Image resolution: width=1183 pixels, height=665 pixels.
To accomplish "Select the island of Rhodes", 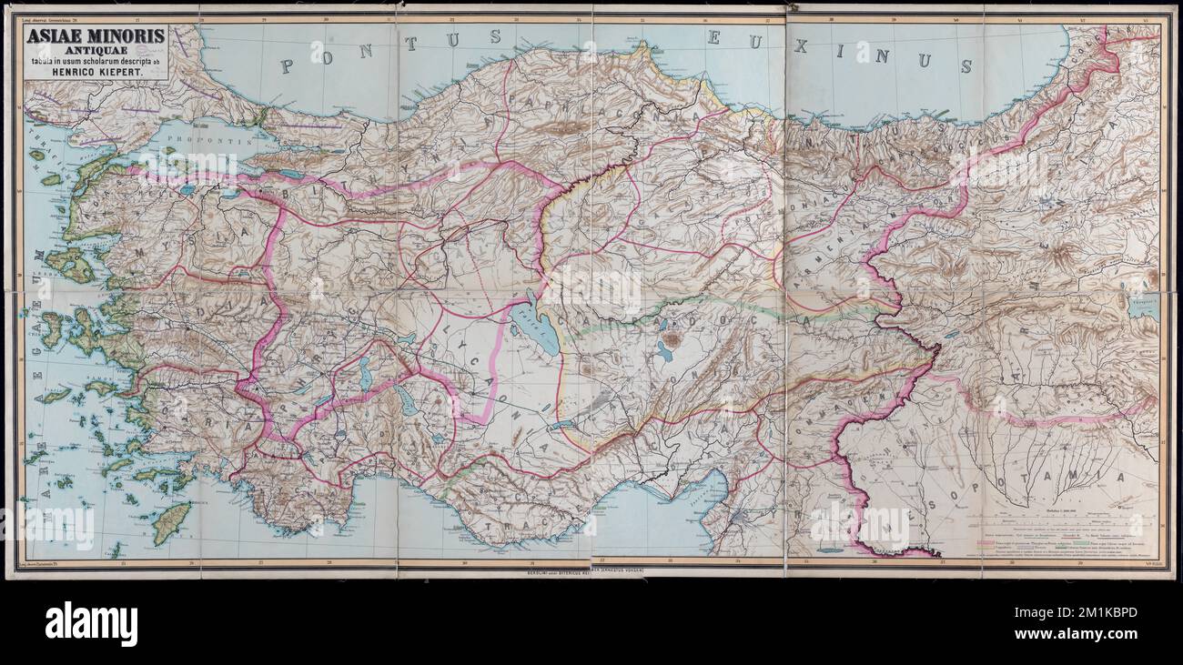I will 171,523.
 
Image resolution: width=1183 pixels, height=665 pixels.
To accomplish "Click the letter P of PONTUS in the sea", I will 288,66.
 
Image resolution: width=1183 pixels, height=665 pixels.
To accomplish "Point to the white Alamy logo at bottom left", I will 91,625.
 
